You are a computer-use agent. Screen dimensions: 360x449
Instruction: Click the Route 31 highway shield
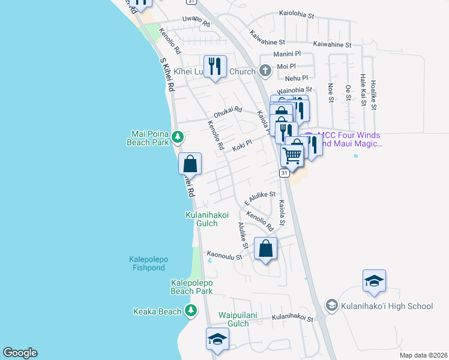[x=284, y=173]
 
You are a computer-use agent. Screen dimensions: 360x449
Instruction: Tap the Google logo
[x=20, y=353]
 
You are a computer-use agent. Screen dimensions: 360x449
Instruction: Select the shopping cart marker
[x=292, y=155]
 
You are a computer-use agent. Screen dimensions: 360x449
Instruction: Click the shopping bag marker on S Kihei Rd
[x=190, y=163]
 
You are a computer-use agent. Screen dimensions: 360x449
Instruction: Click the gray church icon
[x=265, y=71]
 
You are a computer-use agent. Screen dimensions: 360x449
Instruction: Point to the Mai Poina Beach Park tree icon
[x=178, y=137]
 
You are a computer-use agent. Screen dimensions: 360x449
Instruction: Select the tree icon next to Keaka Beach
[x=190, y=311]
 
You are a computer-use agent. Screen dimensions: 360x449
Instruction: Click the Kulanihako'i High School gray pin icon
[x=331, y=306]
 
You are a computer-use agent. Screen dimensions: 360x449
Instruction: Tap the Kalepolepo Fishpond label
[x=148, y=263]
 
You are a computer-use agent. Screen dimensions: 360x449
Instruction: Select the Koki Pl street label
[x=241, y=145]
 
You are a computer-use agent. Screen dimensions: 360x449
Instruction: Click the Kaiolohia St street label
[x=306, y=14]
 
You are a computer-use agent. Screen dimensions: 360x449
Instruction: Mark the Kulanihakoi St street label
[x=292, y=318]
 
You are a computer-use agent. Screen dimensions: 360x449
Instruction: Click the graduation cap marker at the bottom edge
[x=217, y=340]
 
